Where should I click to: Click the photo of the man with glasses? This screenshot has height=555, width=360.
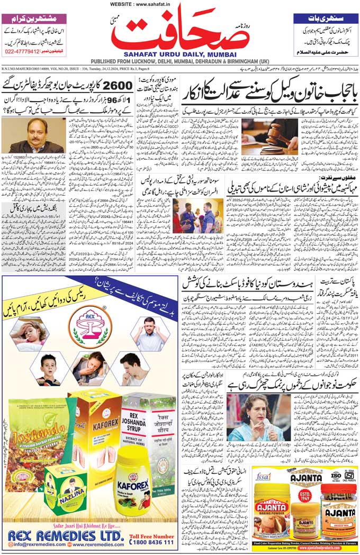(34, 135)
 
